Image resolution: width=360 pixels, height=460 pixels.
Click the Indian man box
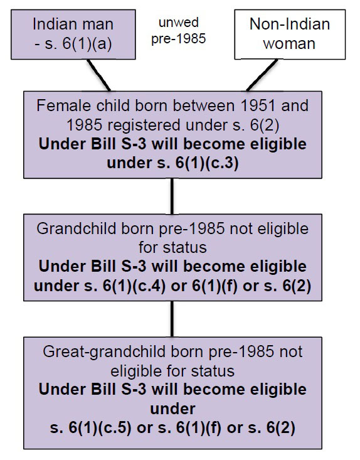point(73,35)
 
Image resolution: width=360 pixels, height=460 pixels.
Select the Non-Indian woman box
point(290,35)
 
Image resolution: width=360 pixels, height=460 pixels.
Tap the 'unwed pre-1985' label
point(179,31)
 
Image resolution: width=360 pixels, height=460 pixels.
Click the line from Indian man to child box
point(99,75)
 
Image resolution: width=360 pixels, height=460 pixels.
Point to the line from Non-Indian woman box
point(262,75)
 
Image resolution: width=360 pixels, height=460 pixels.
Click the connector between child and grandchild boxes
point(172,196)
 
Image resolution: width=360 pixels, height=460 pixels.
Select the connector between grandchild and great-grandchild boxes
point(172,319)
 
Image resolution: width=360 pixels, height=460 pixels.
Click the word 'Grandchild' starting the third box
point(77,228)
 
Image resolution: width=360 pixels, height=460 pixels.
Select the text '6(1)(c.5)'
point(100,428)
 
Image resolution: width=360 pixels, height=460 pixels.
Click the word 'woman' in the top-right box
point(289,44)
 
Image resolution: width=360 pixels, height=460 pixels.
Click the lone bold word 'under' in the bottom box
point(172,409)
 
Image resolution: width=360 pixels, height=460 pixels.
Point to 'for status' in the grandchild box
point(172,247)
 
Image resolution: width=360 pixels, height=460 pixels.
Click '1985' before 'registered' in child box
point(85,125)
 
